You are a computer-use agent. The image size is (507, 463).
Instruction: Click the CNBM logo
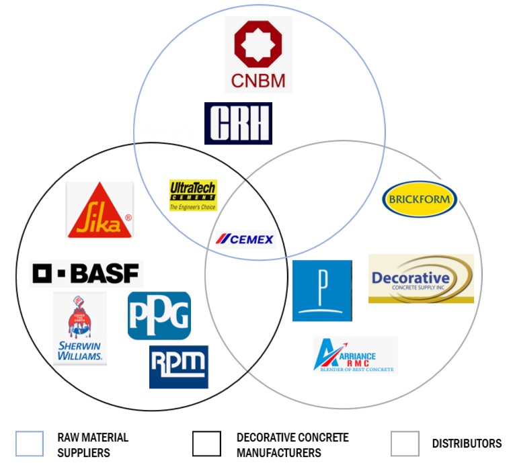(259, 54)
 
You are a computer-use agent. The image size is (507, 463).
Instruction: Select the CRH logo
(238, 123)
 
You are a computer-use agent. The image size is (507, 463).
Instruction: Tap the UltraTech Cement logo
(193, 195)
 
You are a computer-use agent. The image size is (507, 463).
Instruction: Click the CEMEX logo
(245, 239)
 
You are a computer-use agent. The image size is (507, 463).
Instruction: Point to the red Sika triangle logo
(100, 210)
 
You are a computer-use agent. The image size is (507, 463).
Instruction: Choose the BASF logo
(87, 273)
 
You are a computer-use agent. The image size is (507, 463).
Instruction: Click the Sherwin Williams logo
(80, 329)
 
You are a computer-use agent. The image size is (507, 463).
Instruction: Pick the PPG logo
(159, 315)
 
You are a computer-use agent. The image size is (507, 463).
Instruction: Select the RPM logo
(179, 366)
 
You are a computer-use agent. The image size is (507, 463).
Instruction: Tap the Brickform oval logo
(420, 200)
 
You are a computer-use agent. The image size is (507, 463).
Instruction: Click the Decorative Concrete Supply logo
(421, 278)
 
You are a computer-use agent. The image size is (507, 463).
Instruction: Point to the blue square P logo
(322, 290)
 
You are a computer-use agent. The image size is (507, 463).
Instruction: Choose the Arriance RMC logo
(355, 354)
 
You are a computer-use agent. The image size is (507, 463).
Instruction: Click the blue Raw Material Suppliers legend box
(29, 444)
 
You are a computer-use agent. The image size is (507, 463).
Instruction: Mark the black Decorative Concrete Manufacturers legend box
(206, 444)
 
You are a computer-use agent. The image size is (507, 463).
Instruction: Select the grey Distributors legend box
(405, 444)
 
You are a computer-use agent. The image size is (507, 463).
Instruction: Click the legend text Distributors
(467, 444)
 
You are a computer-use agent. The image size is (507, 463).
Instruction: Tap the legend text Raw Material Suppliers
(93, 444)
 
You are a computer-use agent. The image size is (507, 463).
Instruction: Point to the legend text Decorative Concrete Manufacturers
(292, 444)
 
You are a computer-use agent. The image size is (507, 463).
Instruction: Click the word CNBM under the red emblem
(259, 81)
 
